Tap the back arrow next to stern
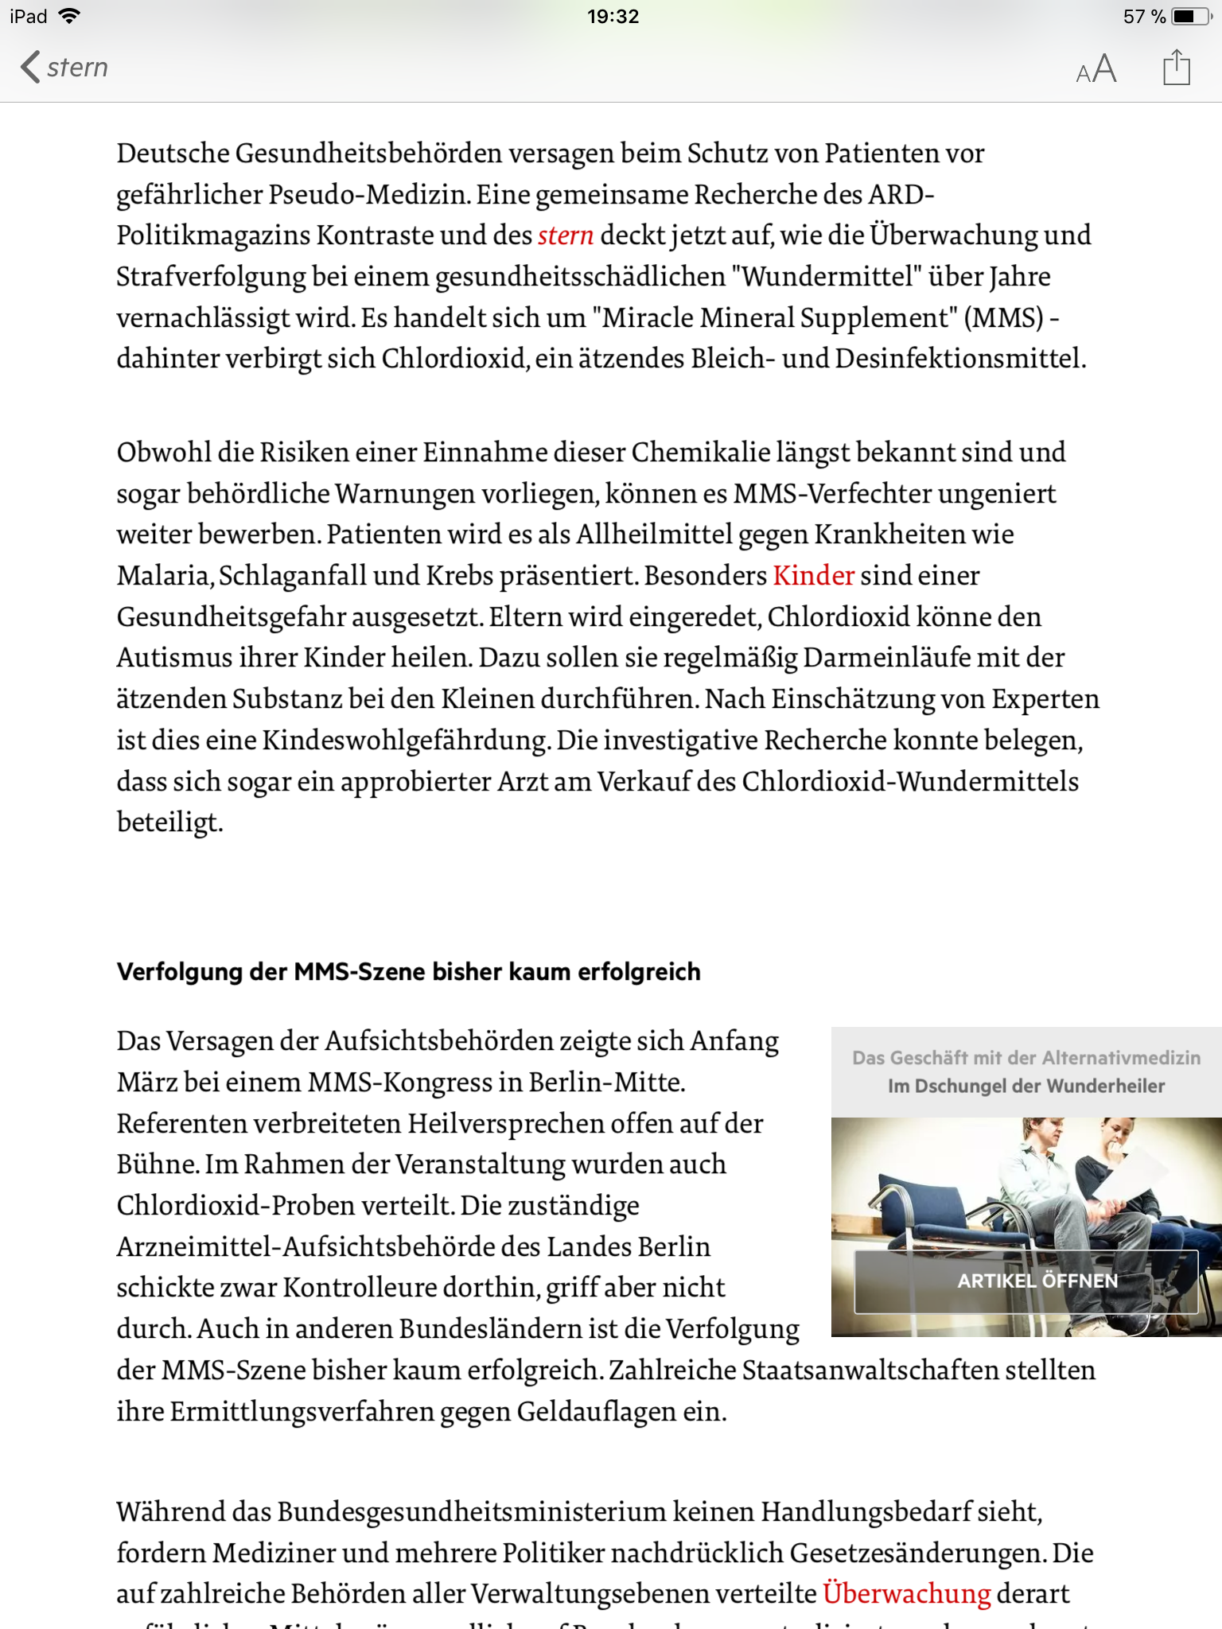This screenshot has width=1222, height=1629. click(x=30, y=67)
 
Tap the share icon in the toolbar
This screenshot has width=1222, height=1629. click(x=1176, y=67)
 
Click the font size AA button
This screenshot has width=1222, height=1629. click(x=1096, y=69)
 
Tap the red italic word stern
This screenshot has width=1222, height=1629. click(x=566, y=235)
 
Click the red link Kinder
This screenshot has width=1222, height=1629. click(x=813, y=575)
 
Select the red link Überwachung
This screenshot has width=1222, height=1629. click(x=906, y=1593)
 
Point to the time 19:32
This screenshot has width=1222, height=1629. click(x=613, y=16)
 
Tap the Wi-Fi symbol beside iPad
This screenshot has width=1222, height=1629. click(x=70, y=16)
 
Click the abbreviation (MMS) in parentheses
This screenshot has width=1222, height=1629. click(x=1003, y=317)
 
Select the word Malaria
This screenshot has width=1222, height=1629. click(x=163, y=575)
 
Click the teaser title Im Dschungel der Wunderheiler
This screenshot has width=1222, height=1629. click(x=1026, y=1086)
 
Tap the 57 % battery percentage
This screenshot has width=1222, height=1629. click(x=1144, y=16)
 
